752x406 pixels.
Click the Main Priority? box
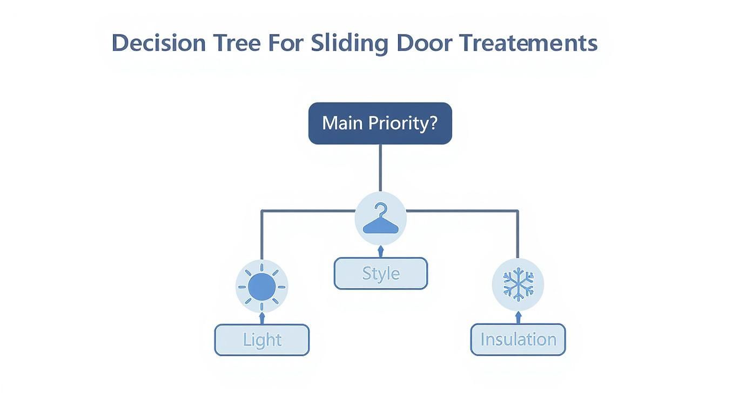pos(380,123)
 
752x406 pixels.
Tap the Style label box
pos(380,273)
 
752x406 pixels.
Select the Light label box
pos(262,340)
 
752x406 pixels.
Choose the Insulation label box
pos(518,339)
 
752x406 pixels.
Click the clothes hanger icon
pos(380,219)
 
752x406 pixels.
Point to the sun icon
pos(262,286)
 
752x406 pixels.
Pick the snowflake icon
pos(518,284)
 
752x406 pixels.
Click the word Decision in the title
pos(159,43)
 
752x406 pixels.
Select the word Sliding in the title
pos(350,43)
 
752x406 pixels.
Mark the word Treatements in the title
pos(528,43)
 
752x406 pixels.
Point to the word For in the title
pos(286,43)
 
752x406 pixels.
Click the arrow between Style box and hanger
pos(380,251)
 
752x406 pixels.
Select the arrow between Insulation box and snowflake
pos(518,317)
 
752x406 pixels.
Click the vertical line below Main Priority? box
pos(380,167)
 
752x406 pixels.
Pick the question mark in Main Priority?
pos(432,123)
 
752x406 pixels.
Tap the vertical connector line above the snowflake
pos(518,238)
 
